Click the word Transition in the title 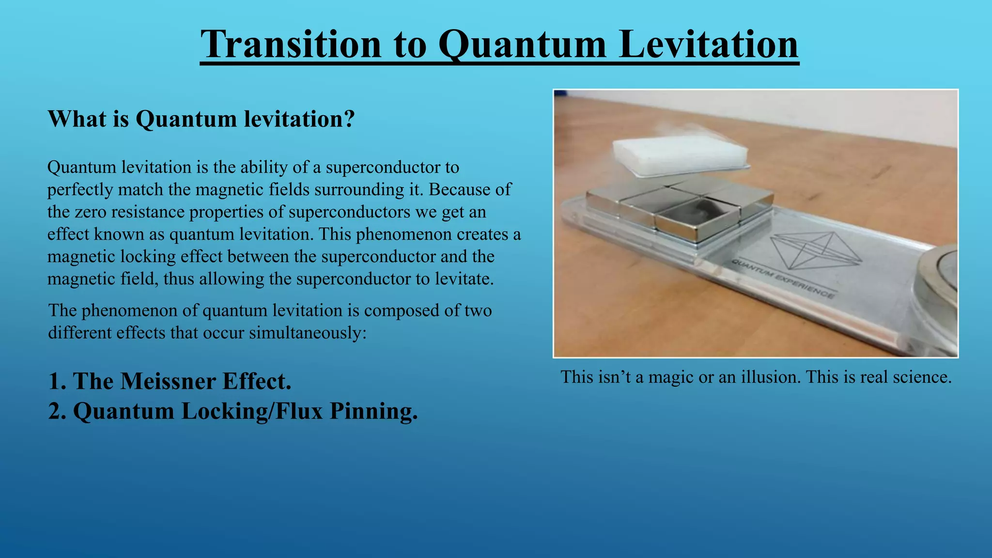(291, 45)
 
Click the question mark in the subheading (348, 119)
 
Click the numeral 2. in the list (58, 411)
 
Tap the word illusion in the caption (771, 377)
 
